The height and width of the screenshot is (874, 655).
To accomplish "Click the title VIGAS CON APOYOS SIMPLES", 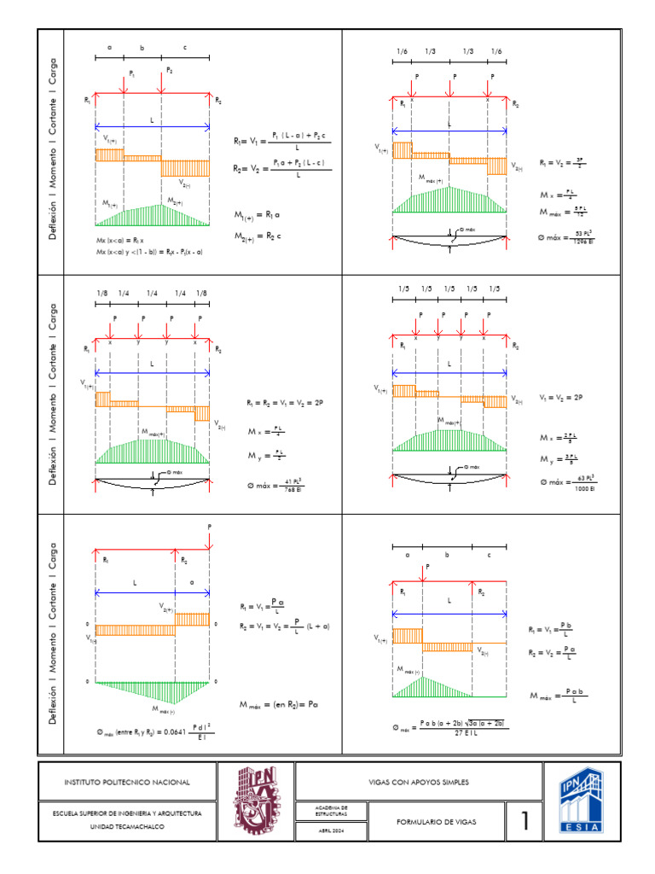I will point(418,782).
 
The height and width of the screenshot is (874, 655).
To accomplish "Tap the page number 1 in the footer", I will point(525,822).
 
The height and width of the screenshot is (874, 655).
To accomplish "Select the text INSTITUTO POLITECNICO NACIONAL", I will point(128,782).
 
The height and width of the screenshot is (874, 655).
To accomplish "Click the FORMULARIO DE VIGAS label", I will point(438,822).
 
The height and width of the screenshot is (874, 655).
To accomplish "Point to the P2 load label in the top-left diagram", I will point(169,69).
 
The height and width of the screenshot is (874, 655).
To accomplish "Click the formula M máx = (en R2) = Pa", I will point(285,705).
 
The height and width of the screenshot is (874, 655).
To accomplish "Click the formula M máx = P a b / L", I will point(559,696).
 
